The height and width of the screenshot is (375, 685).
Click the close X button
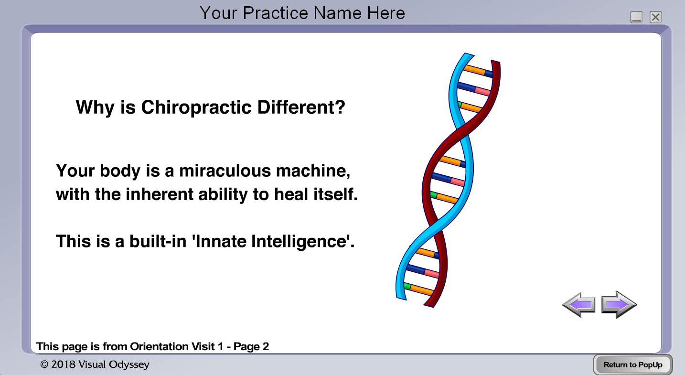tap(655, 17)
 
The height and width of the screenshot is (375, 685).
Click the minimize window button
tap(636, 17)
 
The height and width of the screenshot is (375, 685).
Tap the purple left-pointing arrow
tap(578, 305)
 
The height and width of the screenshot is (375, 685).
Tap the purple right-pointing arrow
tap(619, 305)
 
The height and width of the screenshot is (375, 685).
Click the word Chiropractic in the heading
tap(196, 107)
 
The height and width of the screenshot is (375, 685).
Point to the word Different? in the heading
tap(301, 107)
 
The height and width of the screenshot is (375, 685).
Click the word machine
tap(313, 171)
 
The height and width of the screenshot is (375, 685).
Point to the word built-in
tap(158, 241)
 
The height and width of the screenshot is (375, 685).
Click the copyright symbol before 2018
tap(44, 364)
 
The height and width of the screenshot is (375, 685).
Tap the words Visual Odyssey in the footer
tap(114, 364)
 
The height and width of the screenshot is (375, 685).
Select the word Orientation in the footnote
tap(159, 346)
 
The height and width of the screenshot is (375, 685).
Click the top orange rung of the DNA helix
tap(475, 70)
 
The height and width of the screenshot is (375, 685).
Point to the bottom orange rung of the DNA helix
tap(422, 289)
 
